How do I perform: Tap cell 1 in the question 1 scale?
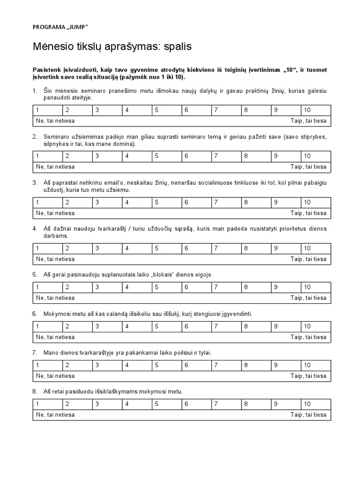pyautogui.click(x=47, y=110)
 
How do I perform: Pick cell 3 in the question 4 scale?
pyautogui.click(x=107, y=248)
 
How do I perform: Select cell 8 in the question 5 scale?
pyautogui.click(x=256, y=287)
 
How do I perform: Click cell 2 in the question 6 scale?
pyautogui.click(x=77, y=326)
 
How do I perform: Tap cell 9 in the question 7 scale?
pyautogui.click(x=286, y=365)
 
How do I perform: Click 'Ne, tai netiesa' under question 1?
pyautogui.click(x=55, y=121)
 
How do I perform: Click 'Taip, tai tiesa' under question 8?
pyautogui.click(x=308, y=414)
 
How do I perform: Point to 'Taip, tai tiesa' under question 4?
pyautogui.click(x=308, y=259)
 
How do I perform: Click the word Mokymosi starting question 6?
pyautogui.click(x=58, y=313)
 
